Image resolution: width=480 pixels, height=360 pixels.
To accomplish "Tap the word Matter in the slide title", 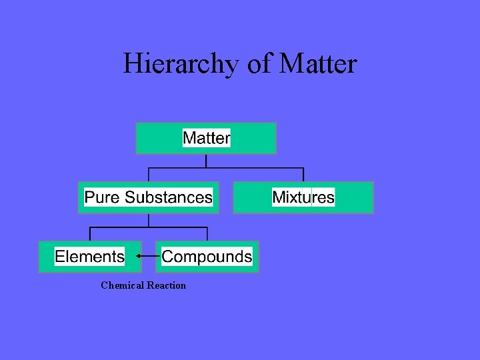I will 319,64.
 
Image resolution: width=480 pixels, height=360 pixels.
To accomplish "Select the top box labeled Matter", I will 206,138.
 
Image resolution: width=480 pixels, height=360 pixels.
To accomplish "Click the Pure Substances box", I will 148,197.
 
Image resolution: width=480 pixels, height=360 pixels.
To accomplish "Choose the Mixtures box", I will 303,197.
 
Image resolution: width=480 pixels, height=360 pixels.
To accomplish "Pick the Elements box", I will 89,257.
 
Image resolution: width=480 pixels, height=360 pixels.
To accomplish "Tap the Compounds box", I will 207,257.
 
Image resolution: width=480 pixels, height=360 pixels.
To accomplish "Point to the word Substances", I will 168,197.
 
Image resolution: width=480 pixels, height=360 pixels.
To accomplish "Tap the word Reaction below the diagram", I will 166,285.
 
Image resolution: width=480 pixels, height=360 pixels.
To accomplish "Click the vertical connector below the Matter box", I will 206,161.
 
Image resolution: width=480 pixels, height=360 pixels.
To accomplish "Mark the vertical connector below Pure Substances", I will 148,221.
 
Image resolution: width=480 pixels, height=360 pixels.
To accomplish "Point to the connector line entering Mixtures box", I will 303,175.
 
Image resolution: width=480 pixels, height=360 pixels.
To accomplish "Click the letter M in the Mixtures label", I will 278,197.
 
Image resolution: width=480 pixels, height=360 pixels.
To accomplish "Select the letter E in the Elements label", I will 59,257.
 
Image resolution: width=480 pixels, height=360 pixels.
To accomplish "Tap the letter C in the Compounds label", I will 167,257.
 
